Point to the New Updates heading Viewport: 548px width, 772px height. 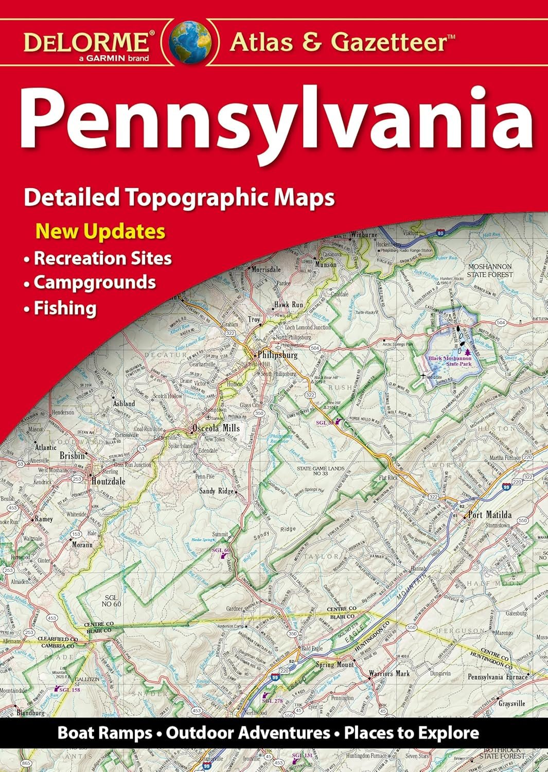click(x=100, y=231)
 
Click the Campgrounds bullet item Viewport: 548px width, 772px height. click(x=95, y=282)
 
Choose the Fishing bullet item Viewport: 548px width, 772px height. click(x=65, y=308)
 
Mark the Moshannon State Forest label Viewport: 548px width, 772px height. click(x=489, y=271)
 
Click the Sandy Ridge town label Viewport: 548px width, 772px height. click(x=216, y=491)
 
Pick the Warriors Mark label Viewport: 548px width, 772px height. click(x=389, y=673)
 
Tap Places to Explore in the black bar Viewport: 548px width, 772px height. click(x=412, y=732)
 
